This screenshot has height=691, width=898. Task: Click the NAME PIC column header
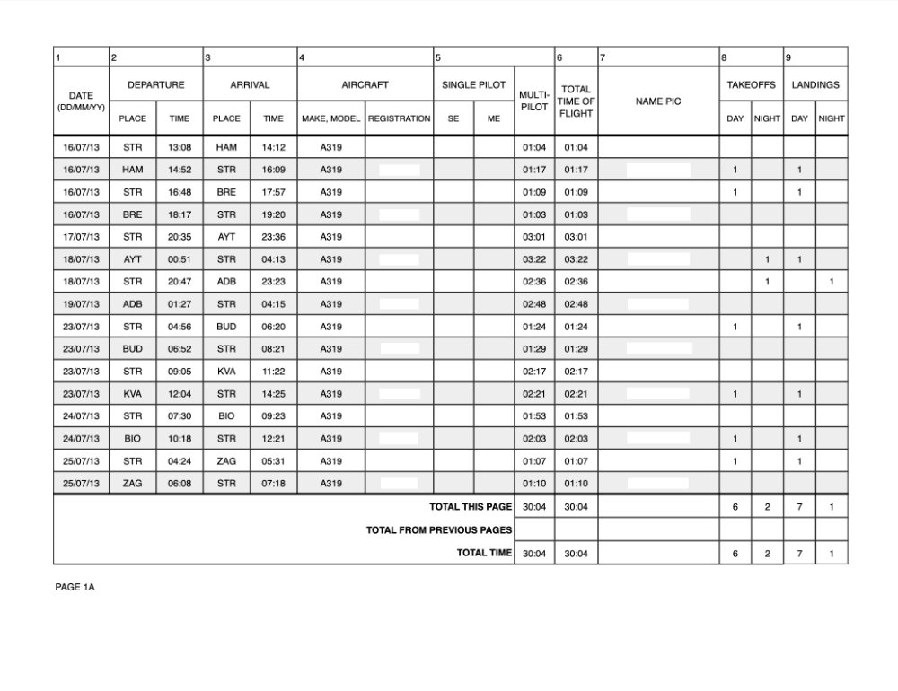point(658,101)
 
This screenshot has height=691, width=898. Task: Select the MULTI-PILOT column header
point(534,101)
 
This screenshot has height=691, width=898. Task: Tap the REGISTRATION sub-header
point(399,118)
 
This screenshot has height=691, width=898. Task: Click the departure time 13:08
point(180,147)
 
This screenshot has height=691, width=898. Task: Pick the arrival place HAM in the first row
point(226,147)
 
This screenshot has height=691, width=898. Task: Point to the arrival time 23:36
point(273,237)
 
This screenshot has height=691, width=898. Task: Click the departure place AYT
point(133,259)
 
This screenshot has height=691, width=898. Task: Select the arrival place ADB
point(226,282)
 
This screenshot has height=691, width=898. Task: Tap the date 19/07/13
point(81,304)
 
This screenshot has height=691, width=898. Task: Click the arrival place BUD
point(226,327)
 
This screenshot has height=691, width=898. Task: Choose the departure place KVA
point(133,394)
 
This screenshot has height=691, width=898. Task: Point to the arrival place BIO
point(226,416)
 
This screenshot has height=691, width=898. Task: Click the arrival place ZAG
point(226,461)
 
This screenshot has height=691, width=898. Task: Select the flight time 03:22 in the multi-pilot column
point(534,259)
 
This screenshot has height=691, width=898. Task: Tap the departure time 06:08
point(180,484)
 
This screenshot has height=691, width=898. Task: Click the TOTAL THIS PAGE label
point(470,507)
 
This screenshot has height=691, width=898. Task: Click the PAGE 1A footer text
point(75,587)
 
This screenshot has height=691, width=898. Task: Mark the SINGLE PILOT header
point(473,85)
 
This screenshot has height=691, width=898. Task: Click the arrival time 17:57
point(273,192)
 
